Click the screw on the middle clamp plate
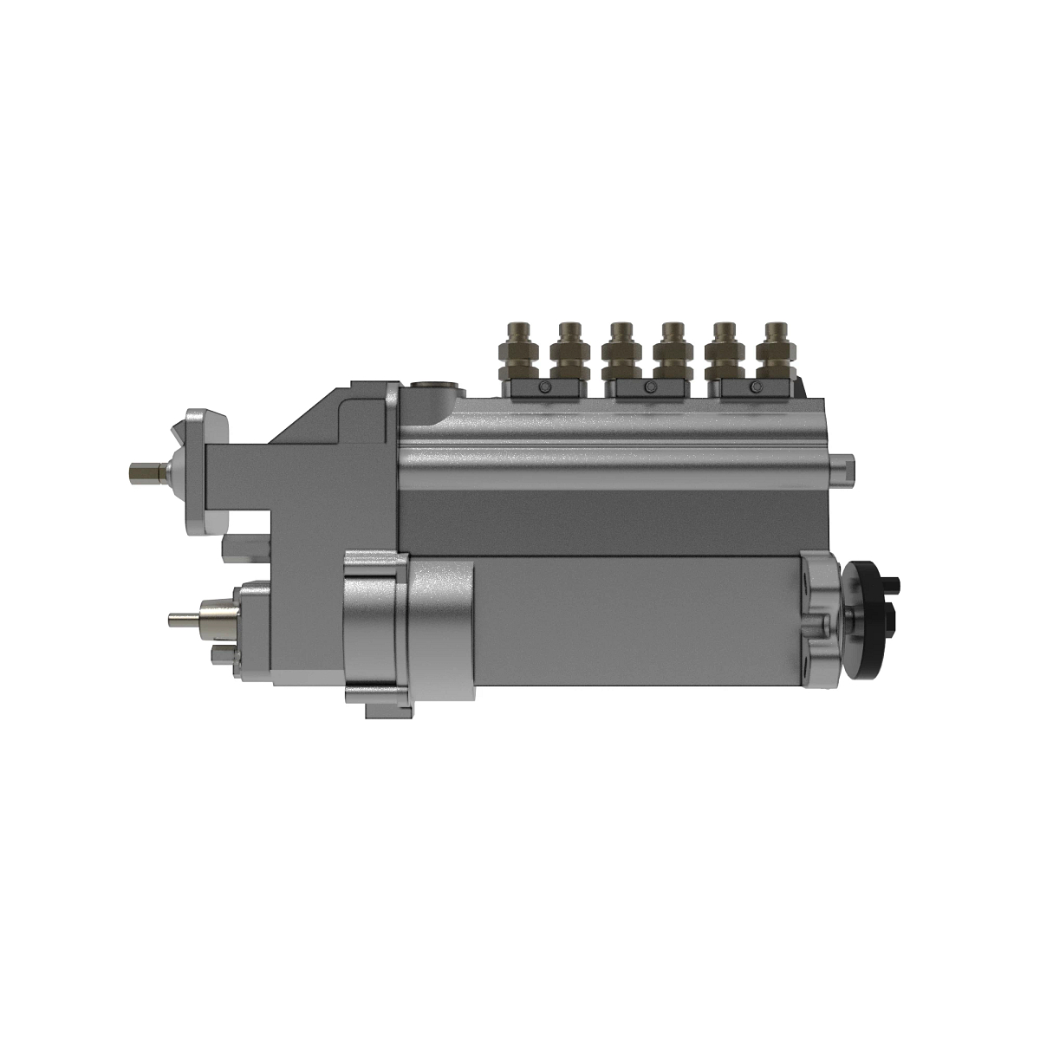point(647,387)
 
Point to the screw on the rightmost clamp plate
point(751,387)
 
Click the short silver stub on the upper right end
point(844,463)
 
